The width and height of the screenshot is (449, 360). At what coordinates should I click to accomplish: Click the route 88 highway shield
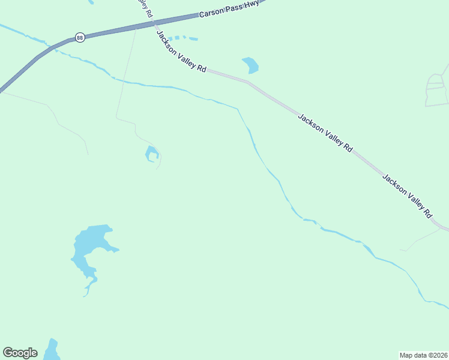pos(80,37)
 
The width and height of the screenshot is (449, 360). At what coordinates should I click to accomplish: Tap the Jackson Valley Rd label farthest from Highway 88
pos(408,196)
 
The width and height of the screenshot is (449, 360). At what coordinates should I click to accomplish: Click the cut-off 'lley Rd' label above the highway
pos(144,7)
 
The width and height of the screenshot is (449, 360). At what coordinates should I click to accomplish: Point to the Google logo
pos(20,353)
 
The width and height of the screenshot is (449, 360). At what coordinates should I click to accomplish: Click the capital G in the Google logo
pos(8,353)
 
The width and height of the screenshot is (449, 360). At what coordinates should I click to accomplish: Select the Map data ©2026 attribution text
pos(423,355)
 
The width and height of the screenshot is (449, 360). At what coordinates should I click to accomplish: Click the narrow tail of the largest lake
pos(89,288)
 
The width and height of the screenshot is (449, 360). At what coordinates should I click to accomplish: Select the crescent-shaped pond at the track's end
pos(152,154)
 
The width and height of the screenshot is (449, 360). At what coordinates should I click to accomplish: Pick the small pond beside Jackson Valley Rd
pos(250,64)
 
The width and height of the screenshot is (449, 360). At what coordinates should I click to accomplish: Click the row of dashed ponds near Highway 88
pos(183,38)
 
